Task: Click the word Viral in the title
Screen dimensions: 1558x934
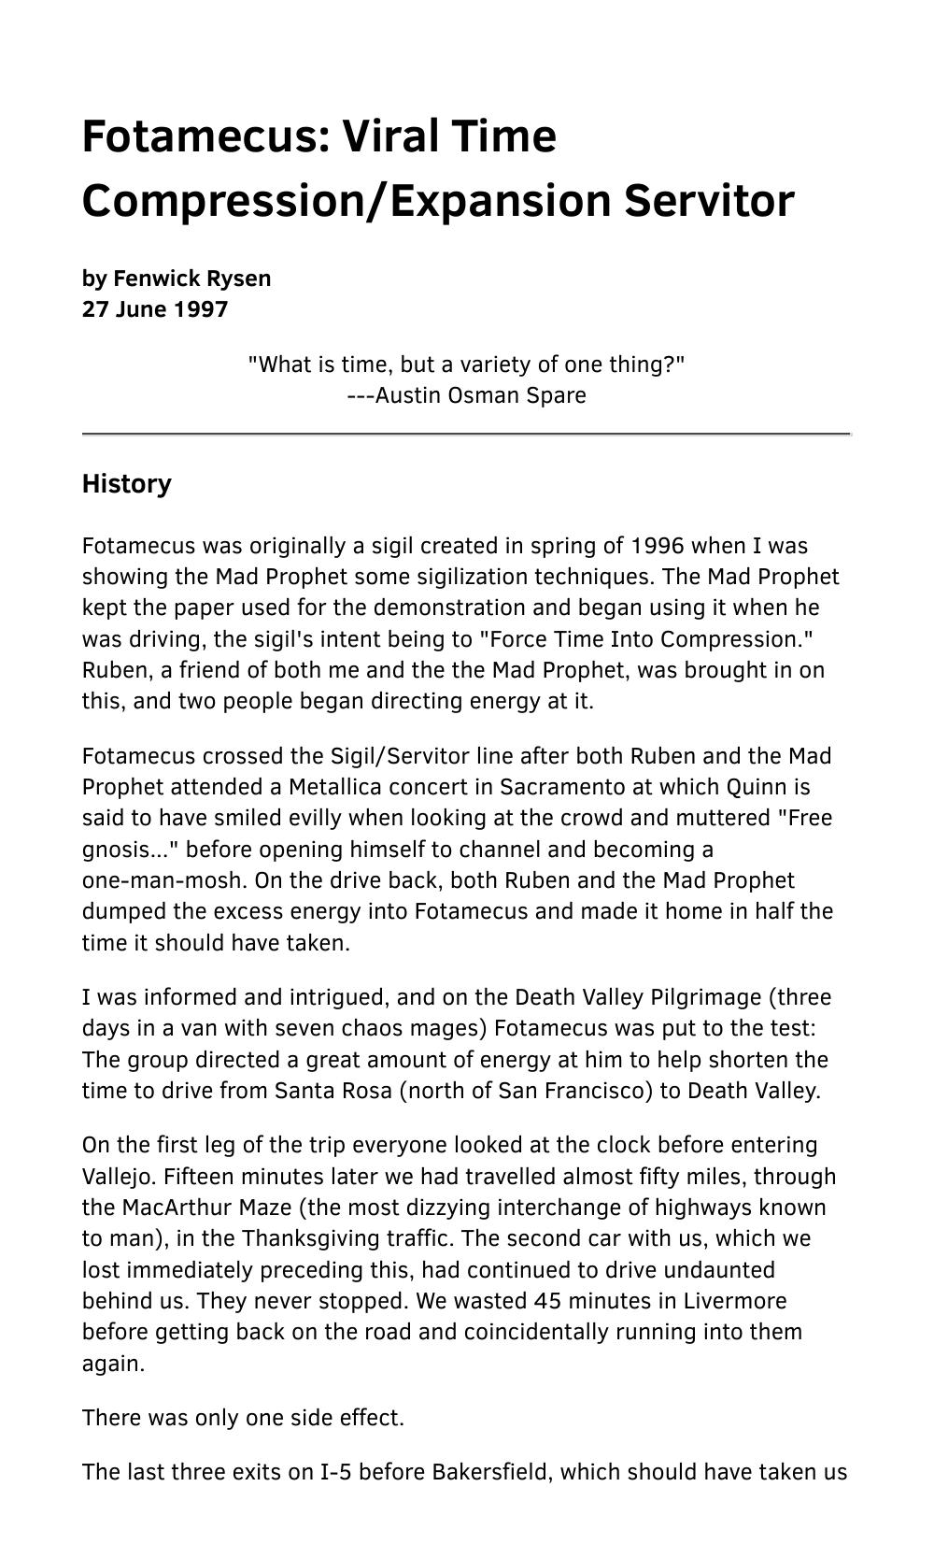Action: (x=389, y=136)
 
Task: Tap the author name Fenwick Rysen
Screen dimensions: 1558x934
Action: (x=192, y=279)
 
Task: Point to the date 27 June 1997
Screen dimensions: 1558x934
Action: (x=155, y=309)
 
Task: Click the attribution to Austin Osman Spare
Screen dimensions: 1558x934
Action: (x=467, y=395)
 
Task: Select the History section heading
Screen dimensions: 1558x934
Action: (x=127, y=484)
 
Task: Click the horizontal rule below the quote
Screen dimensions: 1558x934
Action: (x=467, y=435)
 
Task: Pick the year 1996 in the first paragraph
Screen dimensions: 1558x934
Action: (x=658, y=546)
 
